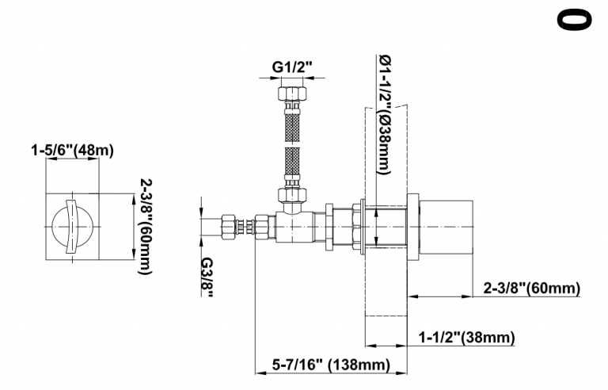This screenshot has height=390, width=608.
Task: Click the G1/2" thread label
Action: [291, 67]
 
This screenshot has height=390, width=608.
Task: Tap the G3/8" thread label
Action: [207, 277]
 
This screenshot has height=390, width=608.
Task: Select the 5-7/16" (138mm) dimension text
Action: [331, 365]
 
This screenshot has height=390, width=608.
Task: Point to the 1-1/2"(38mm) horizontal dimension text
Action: [466, 337]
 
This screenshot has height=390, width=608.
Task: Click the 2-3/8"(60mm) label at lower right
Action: [532, 289]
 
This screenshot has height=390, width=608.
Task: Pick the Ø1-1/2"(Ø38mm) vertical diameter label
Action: [385, 115]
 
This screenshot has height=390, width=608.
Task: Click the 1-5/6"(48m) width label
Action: [73, 150]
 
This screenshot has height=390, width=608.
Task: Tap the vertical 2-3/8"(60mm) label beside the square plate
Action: [146, 227]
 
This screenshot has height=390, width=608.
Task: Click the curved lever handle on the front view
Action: [72, 227]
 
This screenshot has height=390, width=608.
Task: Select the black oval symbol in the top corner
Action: [574, 20]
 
